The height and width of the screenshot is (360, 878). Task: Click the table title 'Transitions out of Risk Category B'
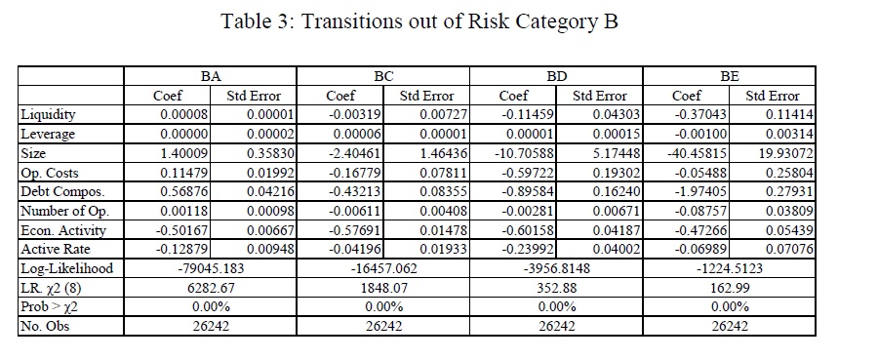tap(460, 21)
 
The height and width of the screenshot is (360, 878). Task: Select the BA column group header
tap(210, 77)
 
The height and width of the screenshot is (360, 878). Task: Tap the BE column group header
tap(729, 77)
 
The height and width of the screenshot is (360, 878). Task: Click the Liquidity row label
tap(48, 115)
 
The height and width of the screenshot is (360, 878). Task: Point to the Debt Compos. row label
tap(62, 192)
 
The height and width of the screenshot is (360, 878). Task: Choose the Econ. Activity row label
tap(63, 230)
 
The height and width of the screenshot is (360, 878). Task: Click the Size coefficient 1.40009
tap(184, 153)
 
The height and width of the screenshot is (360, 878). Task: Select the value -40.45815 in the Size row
tap(699, 153)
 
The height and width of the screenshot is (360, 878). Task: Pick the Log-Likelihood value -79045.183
tap(211, 268)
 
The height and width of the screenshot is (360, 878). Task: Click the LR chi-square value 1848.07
tap(383, 288)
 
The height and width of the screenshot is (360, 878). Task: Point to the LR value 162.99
tap(729, 288)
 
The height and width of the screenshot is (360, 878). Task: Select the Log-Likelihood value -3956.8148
tap(557, 268)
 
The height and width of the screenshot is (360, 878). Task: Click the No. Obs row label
tap(45, 326)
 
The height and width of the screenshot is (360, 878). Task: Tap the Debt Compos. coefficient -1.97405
tap(701, 192)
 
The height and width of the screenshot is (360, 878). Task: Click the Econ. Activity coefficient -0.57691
tap(355, 230)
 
